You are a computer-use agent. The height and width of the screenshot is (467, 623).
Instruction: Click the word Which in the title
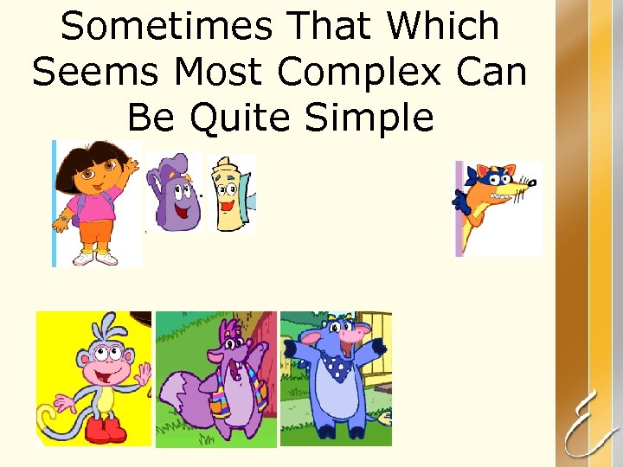point(443,27)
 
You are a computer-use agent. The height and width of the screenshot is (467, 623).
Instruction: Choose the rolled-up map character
point(229,195)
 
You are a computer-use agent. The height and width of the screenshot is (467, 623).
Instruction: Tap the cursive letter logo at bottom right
point(588,424)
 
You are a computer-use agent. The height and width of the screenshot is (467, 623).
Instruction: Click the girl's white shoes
point(95,257)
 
